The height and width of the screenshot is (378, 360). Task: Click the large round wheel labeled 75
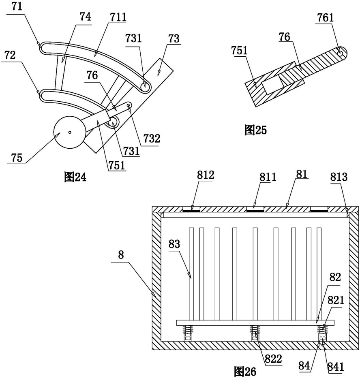coord(70,132)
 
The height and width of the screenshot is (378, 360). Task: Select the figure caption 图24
coord(75,177)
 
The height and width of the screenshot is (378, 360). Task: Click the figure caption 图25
coord(255,130)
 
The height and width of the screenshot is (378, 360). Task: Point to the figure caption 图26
coord(245,371)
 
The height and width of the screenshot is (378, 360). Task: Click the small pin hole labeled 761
coord(340,53)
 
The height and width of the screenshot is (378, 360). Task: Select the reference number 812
coord(206,175)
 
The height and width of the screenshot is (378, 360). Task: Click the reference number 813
coord(339,177)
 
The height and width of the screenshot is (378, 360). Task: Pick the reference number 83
coord(174,244)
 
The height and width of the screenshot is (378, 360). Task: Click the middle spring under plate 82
coord(255,329)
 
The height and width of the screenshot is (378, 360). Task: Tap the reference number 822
coord(273,359)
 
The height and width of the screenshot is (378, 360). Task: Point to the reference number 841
coord(335,366)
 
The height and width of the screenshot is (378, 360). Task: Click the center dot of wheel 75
coord(69,132)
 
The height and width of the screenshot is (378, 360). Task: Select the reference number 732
coord(152,139)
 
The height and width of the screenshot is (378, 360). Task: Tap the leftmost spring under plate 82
coord(189,329)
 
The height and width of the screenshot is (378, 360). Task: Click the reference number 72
coord(10,55)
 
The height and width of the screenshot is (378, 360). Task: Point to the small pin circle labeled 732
coord(128,105)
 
